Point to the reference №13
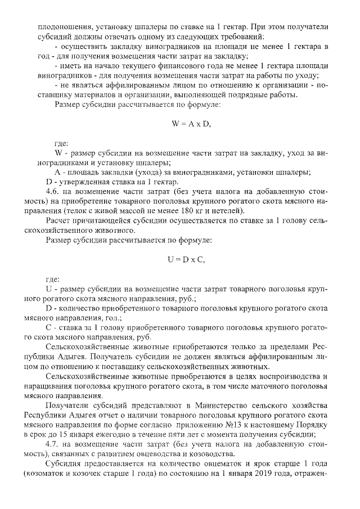pos(235,426)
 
